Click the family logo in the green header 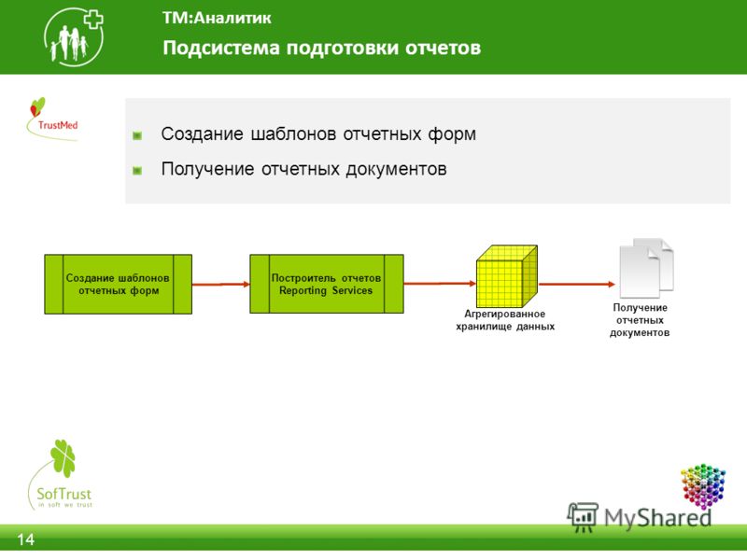(x=74, y=36)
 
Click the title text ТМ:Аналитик (x=217, y=18)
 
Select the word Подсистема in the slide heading (x=221, y=48)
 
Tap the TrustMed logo (x=53, y=119)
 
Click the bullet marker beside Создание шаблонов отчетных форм (x=137, y=136)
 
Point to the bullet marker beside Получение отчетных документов (x=137, y=171)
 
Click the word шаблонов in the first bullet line (x=294, y=133)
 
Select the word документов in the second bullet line (x=396, y=169)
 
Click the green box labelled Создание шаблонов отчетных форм (x=119, y=285)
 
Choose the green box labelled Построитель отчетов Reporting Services (x=327, y=284)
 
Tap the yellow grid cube (x=507, y=276)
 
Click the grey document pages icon (x=646, y=268)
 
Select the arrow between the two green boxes (x=221, y=285)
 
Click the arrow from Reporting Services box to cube (x=440, y=284)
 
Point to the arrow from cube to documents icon (x=577, y=285)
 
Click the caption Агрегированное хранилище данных (x=505, y=320)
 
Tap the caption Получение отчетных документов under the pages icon (x=640, y=320)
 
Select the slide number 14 (x=26, y=539)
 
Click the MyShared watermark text (x=657, y=518)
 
